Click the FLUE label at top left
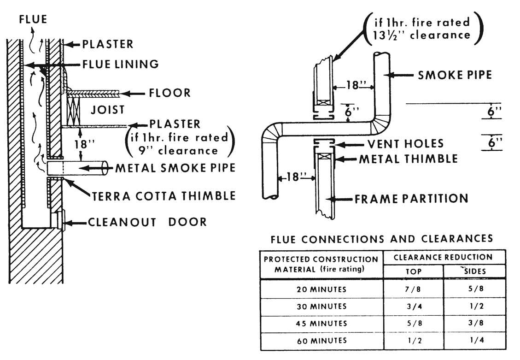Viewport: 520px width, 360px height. point(33,19)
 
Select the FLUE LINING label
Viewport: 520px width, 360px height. point(120,64)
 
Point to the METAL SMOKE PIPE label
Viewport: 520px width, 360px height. point(175,168)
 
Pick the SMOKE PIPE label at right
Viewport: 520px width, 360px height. point(455,75)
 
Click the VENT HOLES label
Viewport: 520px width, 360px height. point(405,144)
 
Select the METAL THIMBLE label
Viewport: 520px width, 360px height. point(408,159)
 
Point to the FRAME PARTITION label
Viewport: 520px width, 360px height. point(411,199)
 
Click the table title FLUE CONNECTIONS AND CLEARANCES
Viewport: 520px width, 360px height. point(382,239)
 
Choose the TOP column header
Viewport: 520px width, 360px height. point(413,271)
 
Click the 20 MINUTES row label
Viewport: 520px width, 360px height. point(321,289)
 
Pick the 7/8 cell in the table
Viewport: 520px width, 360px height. point(413,289)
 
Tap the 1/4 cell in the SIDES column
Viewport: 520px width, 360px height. point(474,341)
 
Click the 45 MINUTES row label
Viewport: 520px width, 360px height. point(321,324)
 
